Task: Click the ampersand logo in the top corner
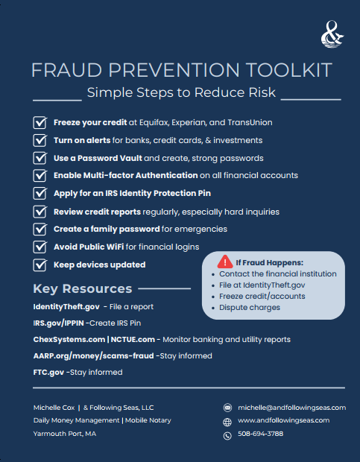[328, 34]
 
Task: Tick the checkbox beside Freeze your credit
[40, 122]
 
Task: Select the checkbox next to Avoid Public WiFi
[40, 247]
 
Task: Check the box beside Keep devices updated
[40, 265]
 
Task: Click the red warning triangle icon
[224, 262]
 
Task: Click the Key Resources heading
[83, 289]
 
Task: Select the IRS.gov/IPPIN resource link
[57, 323]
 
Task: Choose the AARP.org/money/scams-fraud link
[93, 355]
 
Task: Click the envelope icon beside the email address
[227, 408]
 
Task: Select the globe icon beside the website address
[227, 421]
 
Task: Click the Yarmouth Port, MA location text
[65, 433]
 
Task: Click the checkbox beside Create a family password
[40, 229]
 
